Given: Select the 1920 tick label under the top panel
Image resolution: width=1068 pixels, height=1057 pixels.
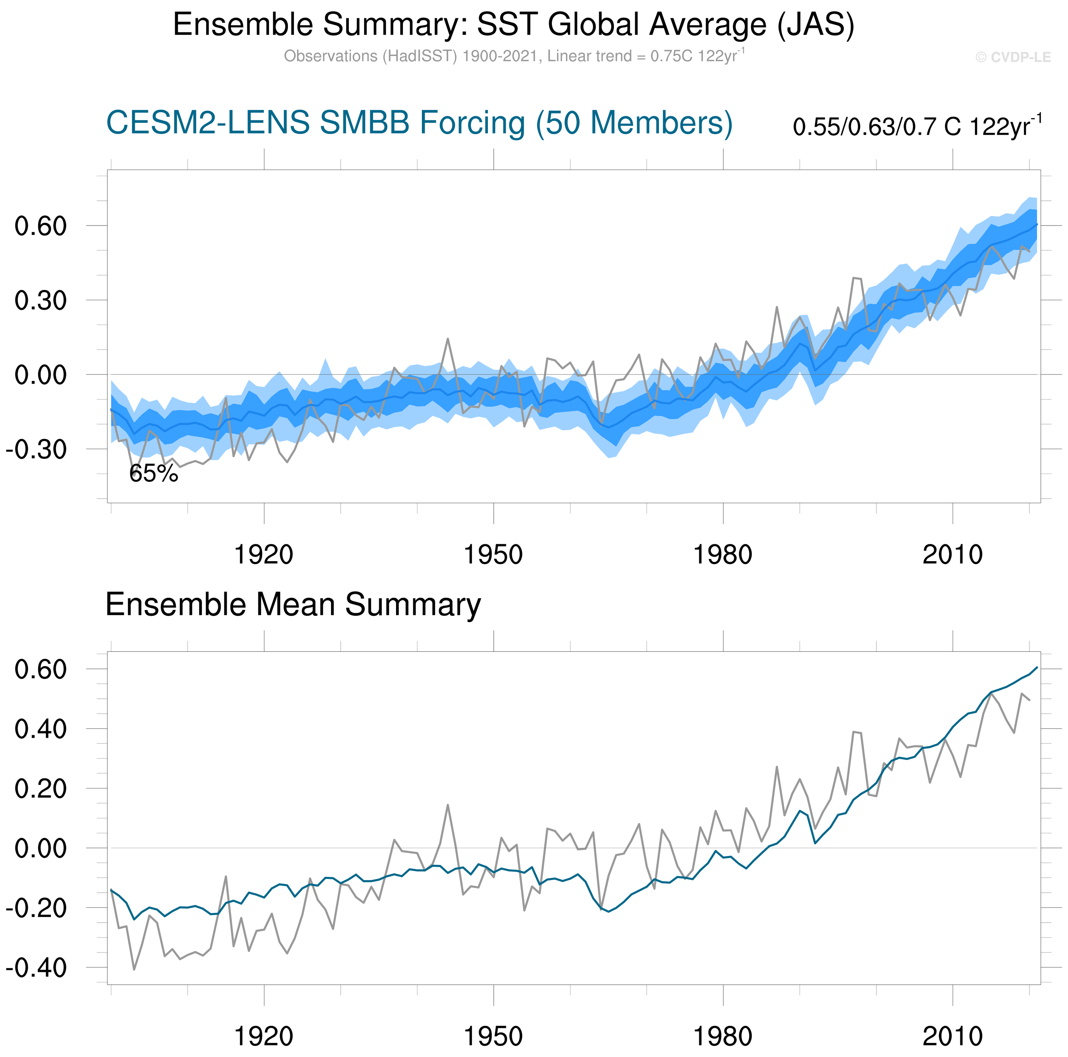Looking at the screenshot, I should click(264, 555).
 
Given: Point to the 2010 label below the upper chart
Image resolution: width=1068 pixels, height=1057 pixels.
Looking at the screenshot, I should click(952, 555).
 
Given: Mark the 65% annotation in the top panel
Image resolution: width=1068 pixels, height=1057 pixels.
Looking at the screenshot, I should click(154, 473).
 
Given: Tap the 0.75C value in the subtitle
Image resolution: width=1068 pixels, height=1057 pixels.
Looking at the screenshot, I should click(671, 56).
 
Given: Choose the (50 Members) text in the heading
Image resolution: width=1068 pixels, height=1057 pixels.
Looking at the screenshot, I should click(634, 123).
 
